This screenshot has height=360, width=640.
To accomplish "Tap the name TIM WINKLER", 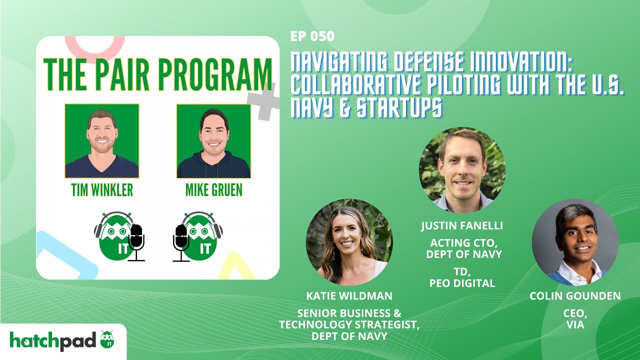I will (101, 190).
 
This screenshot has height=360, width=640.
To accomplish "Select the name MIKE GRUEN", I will (213, 190).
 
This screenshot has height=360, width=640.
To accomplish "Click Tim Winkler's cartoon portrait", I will (101, 141).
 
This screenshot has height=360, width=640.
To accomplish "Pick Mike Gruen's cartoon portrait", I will (213, 141).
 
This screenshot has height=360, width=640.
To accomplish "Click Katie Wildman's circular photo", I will (349, 241).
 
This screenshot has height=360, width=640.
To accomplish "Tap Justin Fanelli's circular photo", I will (462, 170).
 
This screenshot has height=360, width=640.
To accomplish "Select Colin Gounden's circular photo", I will (575, 241).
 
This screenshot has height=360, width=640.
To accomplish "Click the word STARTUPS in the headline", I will (399, 108).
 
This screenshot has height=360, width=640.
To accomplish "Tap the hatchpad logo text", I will (53, 340).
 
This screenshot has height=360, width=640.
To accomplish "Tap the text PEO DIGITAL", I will (462, 283).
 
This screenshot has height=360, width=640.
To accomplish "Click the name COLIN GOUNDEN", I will (575, 296).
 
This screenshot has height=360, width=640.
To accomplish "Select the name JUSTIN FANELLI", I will (462, 225).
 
